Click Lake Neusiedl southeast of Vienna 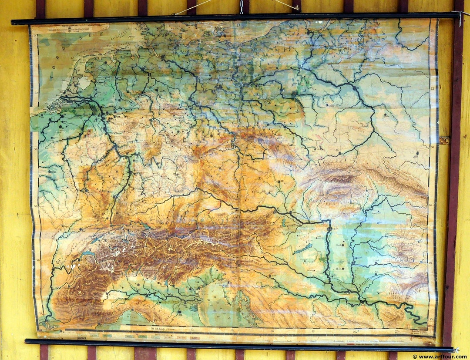click(x=283, y=222)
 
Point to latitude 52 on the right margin click(x=432, y=89)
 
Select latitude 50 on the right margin click(x=432, y=147)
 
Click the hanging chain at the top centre click(x=241, y=6)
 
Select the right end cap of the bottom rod click(x=455, y=350)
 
